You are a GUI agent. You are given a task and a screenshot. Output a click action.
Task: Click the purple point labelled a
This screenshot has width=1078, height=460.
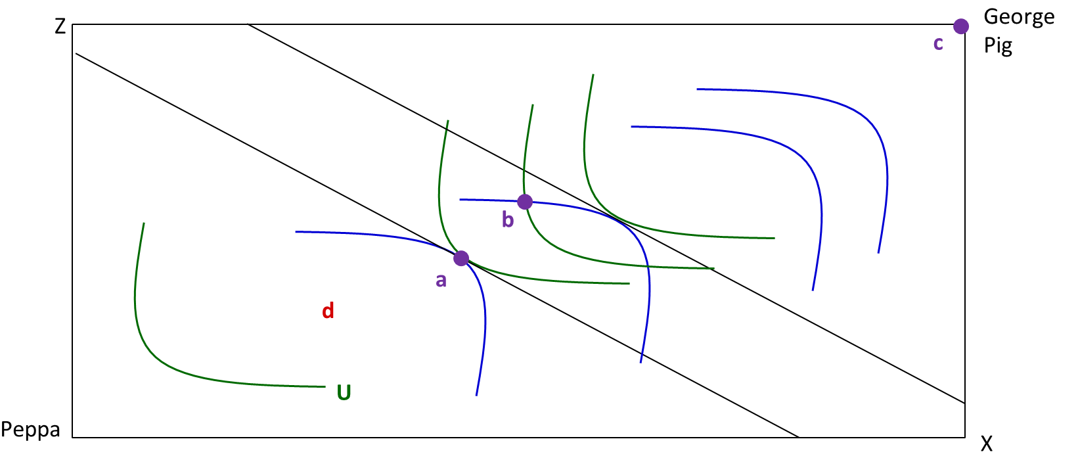pyautogui.click(x=461, y=258)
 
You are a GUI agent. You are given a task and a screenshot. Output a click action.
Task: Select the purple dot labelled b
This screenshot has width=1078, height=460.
pyautogui.click(x=525, y=202)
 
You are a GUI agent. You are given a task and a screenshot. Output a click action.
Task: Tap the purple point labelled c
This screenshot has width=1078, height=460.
pyautogui.click(x=961, y=26)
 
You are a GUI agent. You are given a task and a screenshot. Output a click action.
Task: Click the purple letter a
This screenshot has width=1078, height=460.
pyautogui.click(x=441, y=281)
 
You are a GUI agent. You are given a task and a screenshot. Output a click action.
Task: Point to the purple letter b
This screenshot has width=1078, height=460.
pyautogui.click(x=507, y=219)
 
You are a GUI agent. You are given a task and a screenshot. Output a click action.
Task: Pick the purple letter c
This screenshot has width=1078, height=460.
pyautogui.click(x=938, y=43)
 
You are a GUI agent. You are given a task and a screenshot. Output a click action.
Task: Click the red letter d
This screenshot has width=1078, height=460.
pyautogui.click(x=328, y=311)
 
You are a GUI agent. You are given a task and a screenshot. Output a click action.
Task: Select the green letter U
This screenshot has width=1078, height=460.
pyautogui.click(x=344, y=393)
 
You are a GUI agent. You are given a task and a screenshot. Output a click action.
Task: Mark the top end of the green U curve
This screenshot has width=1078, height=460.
pyautogui.click(x=145, y=223)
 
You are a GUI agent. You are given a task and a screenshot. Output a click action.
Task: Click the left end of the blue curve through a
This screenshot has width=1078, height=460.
pyautogui.click(x=296, y=232)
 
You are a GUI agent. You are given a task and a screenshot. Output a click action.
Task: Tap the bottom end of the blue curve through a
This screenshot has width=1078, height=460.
pyautogui.click(x=476, y=396)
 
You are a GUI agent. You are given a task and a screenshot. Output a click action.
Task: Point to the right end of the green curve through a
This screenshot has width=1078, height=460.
pyautogui.click(x=630, y=283)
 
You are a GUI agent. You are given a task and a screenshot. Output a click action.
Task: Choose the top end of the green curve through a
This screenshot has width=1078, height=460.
pyautogui.click(x=448, y=120)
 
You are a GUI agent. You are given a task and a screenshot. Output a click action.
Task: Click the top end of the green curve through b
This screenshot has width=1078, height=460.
pyautogui.click(x=533, y=104)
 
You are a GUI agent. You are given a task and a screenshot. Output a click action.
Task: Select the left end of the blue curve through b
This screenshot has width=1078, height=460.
pyautogui.click(x=460, y=199)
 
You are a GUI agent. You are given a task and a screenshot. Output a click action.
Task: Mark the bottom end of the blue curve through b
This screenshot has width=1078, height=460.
pyautogui.click(x=640, y=363)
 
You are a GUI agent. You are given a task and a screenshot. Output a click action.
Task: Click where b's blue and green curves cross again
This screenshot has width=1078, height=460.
pyautogui.click(x=648, y=265)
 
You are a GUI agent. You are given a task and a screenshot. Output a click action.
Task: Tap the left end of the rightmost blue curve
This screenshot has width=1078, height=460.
pyautogui.click(x=696, y=89)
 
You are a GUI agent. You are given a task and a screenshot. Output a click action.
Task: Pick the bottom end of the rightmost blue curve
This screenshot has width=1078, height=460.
pyautogui.click(x=878, y=253)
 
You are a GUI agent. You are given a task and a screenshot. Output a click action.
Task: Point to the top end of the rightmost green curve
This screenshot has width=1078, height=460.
pyautogui.click(x=593, y=74)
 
